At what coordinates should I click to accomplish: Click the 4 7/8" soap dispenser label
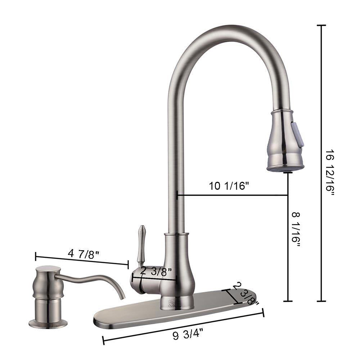(84, 253)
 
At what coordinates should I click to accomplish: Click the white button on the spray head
(298, 134)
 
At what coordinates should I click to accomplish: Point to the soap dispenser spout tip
(123, 297)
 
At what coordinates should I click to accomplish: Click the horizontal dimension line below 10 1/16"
(232, 195)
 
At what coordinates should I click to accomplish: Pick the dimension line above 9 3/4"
(184, 326)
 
